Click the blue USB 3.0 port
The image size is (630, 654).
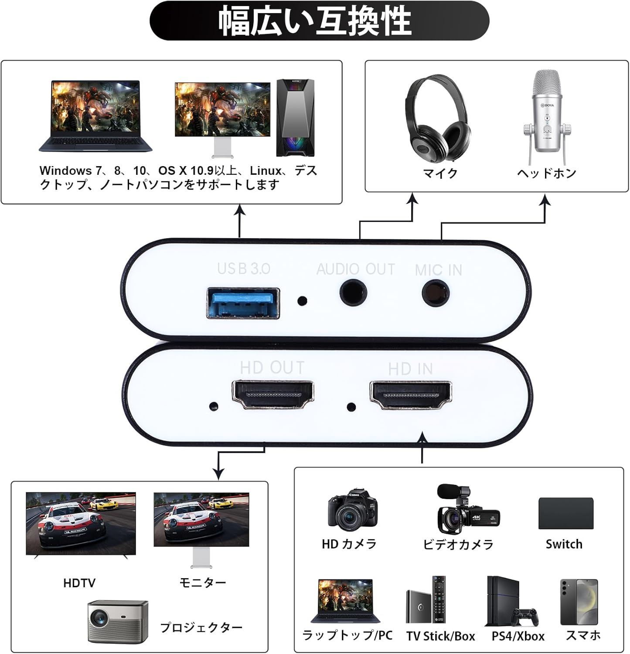point(242,303)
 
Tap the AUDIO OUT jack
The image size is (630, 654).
point(354,293)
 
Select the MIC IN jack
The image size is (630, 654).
point(436,293)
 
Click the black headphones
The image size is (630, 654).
point(437,118)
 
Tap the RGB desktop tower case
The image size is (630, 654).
point(295,117)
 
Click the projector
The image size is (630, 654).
point(118,621)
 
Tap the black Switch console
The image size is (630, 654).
point(565,513)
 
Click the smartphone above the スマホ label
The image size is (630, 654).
point(579,602)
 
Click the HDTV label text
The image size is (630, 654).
point(79,583)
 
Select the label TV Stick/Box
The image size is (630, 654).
point(440,636)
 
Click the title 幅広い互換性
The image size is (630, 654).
point(315,20)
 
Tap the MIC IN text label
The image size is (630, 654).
point(438,270)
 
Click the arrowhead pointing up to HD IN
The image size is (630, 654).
point(422,437)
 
